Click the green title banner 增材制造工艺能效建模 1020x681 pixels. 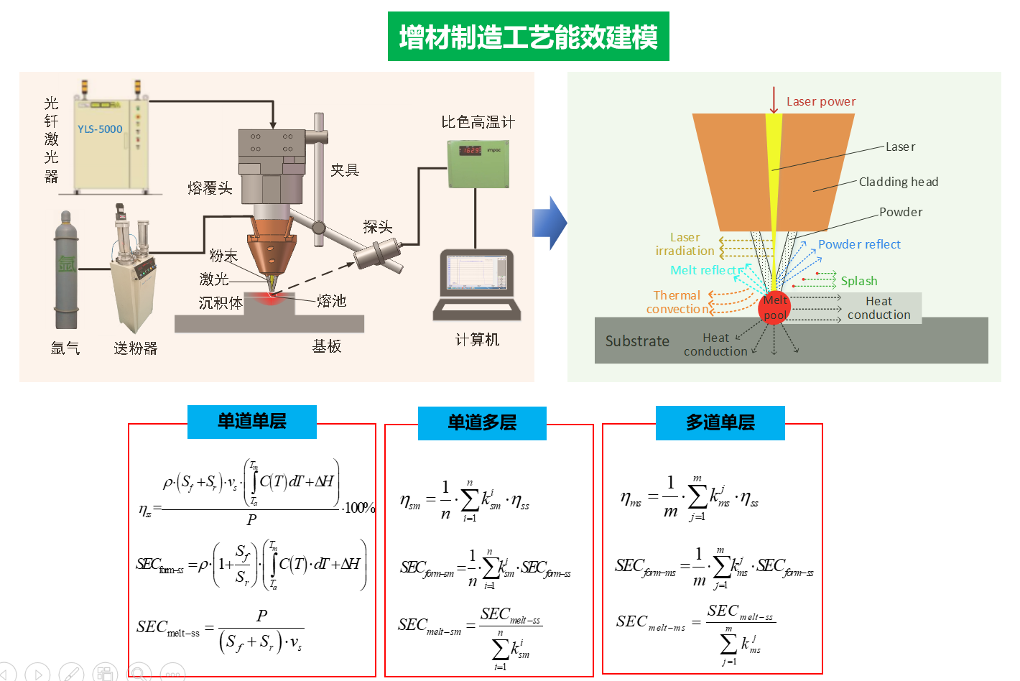coord(528,37)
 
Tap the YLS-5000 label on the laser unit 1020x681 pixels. coord(100,129)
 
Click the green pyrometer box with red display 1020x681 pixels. coord(478,163)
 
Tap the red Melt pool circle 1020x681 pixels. coord(774,307)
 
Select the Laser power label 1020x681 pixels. coord(821,102)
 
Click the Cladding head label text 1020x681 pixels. coord(899,182)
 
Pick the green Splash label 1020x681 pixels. coord(859,281)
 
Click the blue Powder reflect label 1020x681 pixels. coord(859,245)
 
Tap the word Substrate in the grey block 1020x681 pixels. coord(637,341)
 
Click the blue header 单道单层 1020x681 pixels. coord(251,422)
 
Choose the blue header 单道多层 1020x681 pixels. coord(482,422)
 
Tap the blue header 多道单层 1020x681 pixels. coord(720,422)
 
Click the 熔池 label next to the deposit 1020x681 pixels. coord(331,301)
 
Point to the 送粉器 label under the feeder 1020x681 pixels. coord(135,348)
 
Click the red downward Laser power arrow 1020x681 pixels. coord(774,100)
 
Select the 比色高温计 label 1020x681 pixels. coord(478,122)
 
